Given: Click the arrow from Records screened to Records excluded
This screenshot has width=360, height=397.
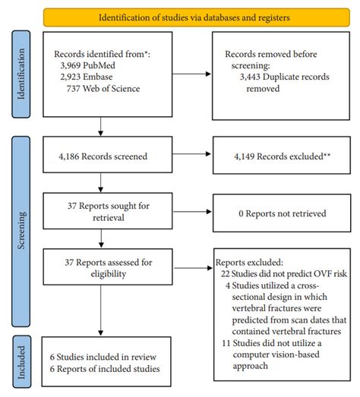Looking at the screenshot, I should (x=190, y=155).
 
